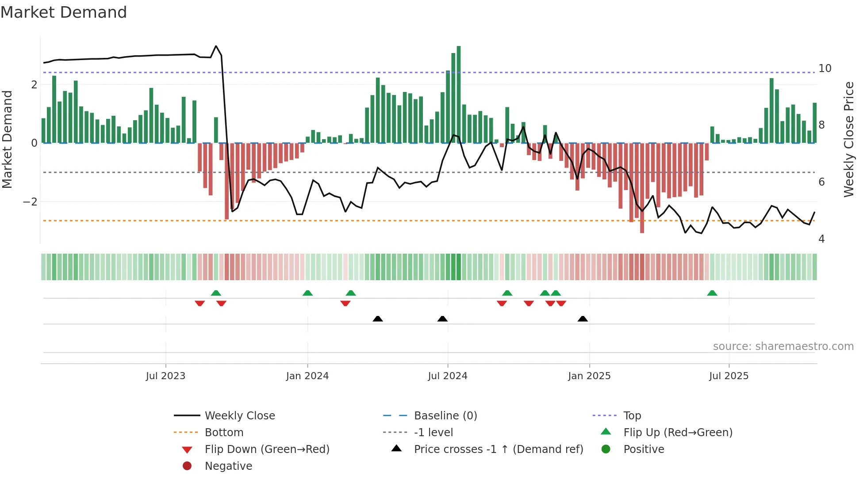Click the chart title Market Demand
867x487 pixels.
point(64,12)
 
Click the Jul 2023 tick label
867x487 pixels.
point(165,376)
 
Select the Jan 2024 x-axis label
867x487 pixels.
point(307,376)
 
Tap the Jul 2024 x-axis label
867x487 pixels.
point(448,376)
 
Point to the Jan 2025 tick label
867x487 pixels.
point(589,376)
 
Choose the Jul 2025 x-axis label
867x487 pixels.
point(729,376)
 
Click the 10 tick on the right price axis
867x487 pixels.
point(825,68)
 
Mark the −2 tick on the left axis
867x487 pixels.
point(30,202)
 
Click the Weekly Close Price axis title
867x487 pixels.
point(849,139)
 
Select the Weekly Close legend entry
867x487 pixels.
point(240,416)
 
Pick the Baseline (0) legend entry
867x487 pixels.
point(445,416)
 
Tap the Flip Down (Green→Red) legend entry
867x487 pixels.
point(267,449)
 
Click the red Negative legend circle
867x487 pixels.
point(187,466)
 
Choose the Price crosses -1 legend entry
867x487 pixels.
point(499,449)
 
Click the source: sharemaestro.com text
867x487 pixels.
point(783,346)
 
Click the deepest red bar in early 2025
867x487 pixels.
point(642,188)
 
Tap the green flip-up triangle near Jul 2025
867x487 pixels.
point(712,293)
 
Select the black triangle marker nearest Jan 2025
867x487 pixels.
point(583,319)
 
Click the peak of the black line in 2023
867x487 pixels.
point(216,46)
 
